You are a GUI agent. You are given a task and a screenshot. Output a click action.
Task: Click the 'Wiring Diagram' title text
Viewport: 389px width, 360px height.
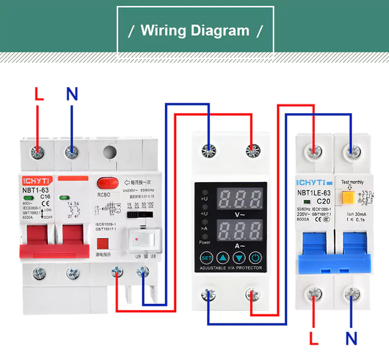[x=195, y=30]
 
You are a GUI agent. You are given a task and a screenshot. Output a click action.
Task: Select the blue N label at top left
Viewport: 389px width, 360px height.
[x=72, y=94]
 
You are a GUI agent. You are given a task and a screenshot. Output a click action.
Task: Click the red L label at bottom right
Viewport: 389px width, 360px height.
[x=313, y=339]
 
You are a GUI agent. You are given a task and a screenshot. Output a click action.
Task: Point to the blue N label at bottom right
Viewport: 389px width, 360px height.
[x=352, y=339]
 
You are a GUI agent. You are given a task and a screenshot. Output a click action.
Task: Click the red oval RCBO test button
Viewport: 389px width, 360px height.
[x=105, y=184]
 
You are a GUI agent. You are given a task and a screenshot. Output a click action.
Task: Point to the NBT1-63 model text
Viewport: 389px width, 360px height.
[x=35, y=190]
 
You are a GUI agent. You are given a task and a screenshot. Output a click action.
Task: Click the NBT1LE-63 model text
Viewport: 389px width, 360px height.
[x=313, y=193]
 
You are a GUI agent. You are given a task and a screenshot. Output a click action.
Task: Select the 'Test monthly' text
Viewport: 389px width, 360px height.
[x=353, y=182]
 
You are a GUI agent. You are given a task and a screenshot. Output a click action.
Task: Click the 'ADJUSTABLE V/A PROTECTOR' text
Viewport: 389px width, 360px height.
[x=231, y=268]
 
